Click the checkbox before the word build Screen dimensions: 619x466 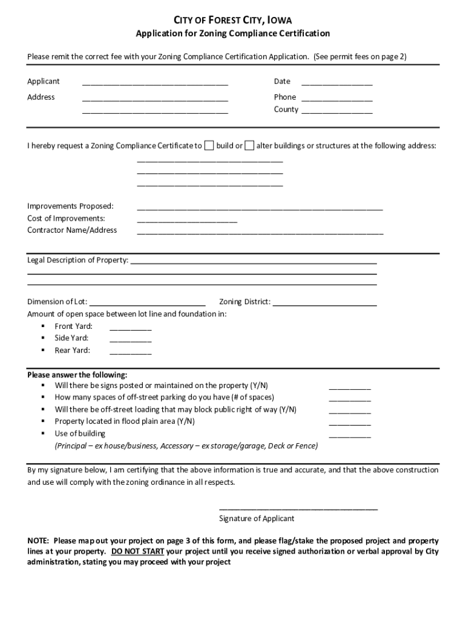pos(209,146)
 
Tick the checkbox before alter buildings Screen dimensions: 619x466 pos(249,146)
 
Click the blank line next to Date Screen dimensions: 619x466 pos(336,83)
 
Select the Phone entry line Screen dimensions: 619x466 pos(336,99)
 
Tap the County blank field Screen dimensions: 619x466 pos(336,111)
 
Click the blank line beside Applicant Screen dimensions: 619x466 pos(155,83)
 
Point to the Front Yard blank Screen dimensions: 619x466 pos(130,328)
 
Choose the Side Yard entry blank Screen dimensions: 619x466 pos(130,340)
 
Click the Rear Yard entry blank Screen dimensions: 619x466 pos(130,352)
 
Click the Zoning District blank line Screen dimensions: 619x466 pos(324,304)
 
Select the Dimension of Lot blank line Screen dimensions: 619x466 pos(147,304)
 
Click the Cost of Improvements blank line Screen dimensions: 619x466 pos(187,221)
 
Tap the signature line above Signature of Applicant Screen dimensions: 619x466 pos(298,508)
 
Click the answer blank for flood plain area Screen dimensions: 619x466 pos(350,423)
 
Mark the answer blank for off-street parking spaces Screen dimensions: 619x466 pos(350,399)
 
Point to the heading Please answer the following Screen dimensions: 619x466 pos(77,375)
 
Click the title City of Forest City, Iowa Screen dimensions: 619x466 pos(233,20)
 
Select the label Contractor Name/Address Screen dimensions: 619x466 pos(72,230)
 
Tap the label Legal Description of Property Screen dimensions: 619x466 pos(77,261)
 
